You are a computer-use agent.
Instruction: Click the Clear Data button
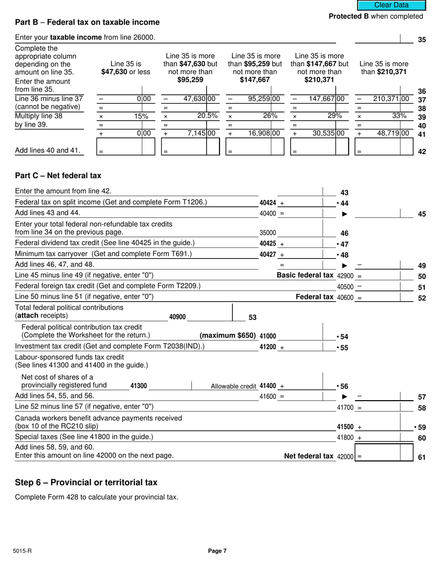click(391, 5)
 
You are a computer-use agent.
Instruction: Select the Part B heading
click(87, 22)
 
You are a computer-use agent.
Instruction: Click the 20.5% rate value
click(207, 116)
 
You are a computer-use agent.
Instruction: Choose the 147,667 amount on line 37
click(322, 99)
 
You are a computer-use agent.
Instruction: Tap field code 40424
click(268, 203)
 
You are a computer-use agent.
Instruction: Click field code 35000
click(268, 233)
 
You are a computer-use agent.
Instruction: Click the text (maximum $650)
click(227, 335)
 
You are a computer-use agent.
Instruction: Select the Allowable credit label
click(233, 386)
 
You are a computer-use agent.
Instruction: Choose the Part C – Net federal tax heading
click(58, 176)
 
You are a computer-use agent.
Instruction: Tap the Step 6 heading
click(86, 482)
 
